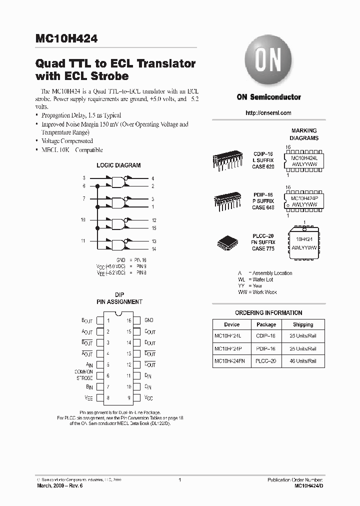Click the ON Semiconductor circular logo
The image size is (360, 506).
[x=268, y=63]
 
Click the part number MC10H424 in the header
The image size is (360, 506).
[x=66, y=38]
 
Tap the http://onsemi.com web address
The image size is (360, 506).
[x=268, y=113]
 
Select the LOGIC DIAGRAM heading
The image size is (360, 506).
[x=118, y=165]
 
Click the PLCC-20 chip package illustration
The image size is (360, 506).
[x=229, y=242]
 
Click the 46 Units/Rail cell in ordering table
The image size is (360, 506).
[x=303, y=360]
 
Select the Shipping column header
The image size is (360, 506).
[x=303, y=324]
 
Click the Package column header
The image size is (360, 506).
[x=266, y=324]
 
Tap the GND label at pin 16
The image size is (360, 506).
[x=149, y=320]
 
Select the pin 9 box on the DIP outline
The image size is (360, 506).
[x=136, y=398]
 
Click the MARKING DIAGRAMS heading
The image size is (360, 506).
[x=304, y=134]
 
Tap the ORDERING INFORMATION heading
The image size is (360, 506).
[x=268, y=312]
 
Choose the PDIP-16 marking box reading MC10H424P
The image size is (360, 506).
[x=304, y=201]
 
